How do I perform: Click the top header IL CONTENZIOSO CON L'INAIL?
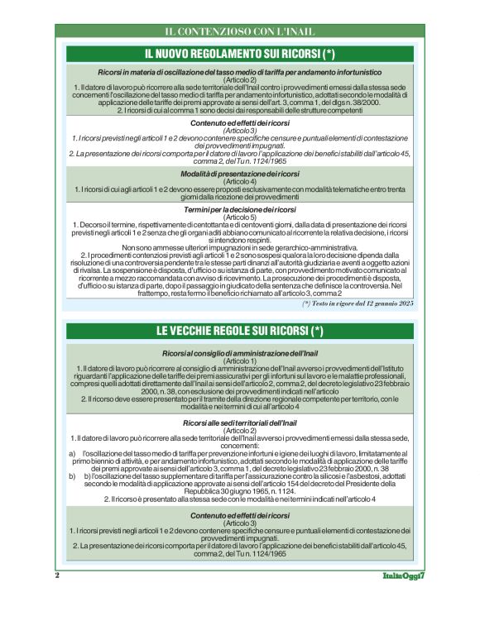pyautogui.click(x=239, y=32)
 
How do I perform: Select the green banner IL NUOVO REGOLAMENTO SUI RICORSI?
pyautogui.click(x=239, y=55)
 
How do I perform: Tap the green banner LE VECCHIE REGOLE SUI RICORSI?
pyautogui.click(x=239, y=332)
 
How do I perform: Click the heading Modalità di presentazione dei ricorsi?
pyautogui.click(x=239, y=174)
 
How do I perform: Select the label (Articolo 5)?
pyautogui.click(x=239, y=217)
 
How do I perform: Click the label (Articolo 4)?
pyautogui.click(x=239, y=181)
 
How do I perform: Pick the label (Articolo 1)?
pyautogui.click(x=239, y=361)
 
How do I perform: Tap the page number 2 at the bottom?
pyautogui.click(x=57, y=598)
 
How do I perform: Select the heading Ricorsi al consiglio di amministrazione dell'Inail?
pyautogui.click(x=239, y=354)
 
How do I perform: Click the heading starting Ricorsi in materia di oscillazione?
pyautogui.click(x=239, y=73)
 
